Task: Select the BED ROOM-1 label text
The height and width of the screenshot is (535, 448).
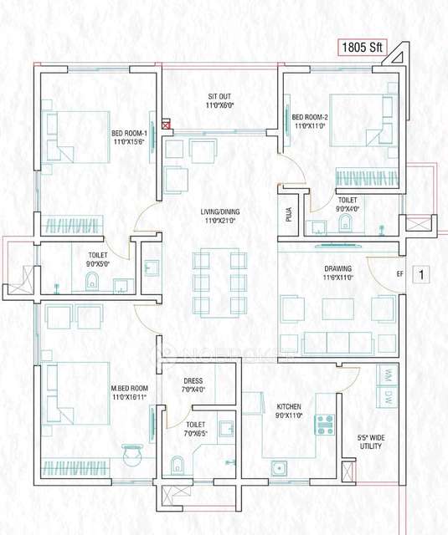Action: coord(129,137)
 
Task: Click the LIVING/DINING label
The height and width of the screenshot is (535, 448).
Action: coord(219,217)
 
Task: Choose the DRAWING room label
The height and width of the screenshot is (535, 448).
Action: coord(338,273)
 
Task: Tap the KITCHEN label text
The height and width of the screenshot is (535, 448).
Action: coord(289,410)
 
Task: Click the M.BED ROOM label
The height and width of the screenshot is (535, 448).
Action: coord(129,393)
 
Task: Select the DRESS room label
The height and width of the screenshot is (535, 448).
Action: coord(193,385)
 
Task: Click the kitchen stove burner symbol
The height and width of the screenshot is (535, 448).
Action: coord(324,425)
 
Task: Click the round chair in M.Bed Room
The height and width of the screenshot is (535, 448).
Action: coord(131,456)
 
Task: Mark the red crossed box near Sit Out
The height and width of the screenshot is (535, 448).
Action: coord(166,126)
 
